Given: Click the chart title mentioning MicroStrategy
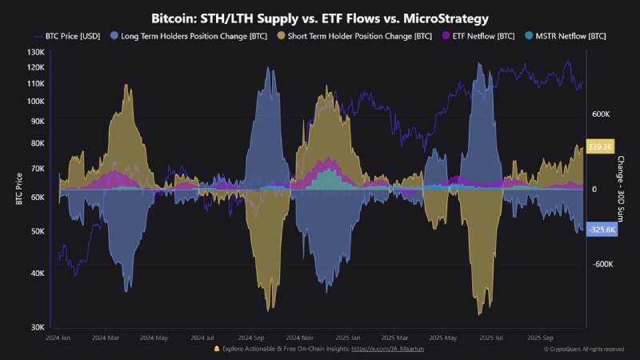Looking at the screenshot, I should click(320, 17).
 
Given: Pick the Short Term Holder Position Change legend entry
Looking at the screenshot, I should click(357, 36).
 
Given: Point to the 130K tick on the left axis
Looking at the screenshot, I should click(34, 52).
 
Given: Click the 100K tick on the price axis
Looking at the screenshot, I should click(34, 101).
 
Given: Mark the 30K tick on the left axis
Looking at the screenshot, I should click(36, 327).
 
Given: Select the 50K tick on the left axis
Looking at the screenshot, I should click(36, 231).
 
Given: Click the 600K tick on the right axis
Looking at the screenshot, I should click(601, 114).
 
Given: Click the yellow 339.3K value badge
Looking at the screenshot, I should click(600, 147).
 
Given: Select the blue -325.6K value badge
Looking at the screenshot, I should click(601, 230).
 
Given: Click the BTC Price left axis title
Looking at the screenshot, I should click(18, 189).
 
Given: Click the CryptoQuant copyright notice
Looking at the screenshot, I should click(584, 350).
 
